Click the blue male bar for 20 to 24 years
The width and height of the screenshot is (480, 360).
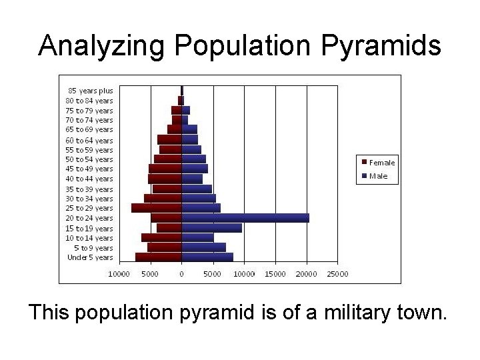[x=245, y=218]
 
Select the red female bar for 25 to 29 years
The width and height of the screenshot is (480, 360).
[x=157, y=208]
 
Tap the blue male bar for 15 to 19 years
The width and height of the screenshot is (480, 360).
[x=212, y=228]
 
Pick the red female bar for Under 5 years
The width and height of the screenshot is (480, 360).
[x=159, y=257]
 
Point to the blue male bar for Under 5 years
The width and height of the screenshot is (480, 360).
[x=207, y=257]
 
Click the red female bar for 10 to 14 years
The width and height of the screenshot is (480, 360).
[x=161, y=237]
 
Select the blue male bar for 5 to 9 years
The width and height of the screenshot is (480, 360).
[x=204, y=247]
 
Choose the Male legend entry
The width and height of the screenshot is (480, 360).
[x=377, y=177]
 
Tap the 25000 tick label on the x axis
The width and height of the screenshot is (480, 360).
[x=338, y=273]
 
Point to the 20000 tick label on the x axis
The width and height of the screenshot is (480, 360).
[x=307, y=273]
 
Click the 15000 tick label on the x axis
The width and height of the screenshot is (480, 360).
[x=275, y=273]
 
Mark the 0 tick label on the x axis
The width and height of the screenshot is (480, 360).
[x=181, y=273]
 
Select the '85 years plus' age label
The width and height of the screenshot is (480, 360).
[x=90, y=91]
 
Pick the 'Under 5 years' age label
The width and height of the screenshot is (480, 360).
[x=90, y=257]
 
